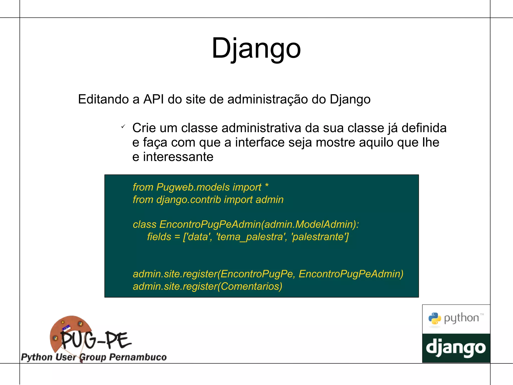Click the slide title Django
[x=256, y=48]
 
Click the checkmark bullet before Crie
[x=123, y=126]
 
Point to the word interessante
[x=178, y=157]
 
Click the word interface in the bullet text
[x=260, y=142]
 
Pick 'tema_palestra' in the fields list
[x=252, y=237]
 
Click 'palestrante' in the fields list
[x=320, y=237]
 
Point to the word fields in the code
[x=159, y=237]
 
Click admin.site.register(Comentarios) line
[x=207, y=286]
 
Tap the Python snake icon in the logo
[x=434, y=319]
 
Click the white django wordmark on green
[x=456, y=348]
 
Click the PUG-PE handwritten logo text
[x=96, y=340]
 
